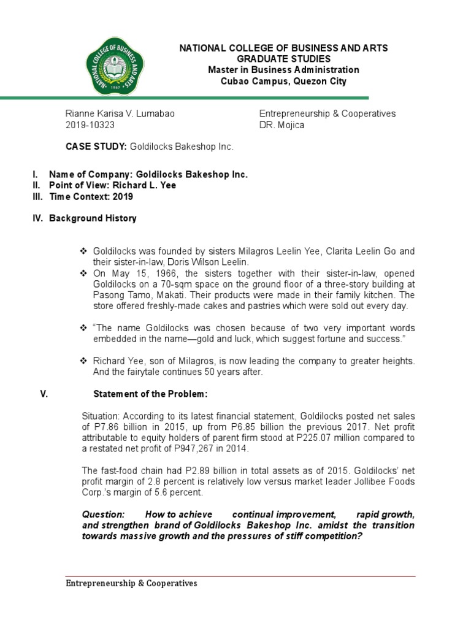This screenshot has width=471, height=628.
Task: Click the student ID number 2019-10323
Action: point(90,125)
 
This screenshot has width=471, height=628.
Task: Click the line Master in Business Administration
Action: point(283,70)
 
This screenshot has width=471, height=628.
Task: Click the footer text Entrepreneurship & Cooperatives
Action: point(131,583)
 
